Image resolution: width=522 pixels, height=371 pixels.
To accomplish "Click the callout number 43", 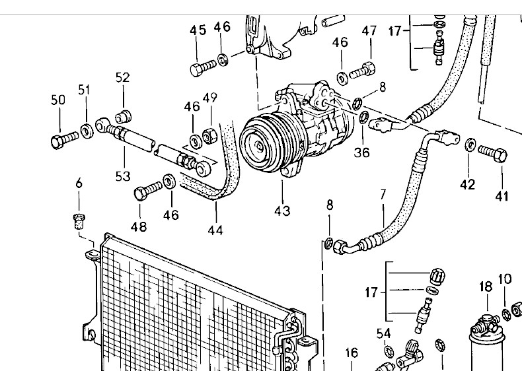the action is coord(282,211).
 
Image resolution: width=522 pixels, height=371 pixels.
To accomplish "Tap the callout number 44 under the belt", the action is coord(215,230).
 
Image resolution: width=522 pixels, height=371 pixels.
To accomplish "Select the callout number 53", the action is coord(123,176).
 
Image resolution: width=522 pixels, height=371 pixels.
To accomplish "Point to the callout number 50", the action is coord(58,100).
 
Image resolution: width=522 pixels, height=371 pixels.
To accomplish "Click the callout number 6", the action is coord(79,183).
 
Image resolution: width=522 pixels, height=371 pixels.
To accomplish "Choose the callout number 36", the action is coord(362,152).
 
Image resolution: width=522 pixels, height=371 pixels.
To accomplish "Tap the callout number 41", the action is coord(502,196).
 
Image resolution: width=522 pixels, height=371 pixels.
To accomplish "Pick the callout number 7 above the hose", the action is coord(383,194).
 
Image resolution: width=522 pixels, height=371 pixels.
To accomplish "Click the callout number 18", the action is coord(486,287).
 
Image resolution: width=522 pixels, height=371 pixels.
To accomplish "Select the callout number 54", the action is coord(383,333).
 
